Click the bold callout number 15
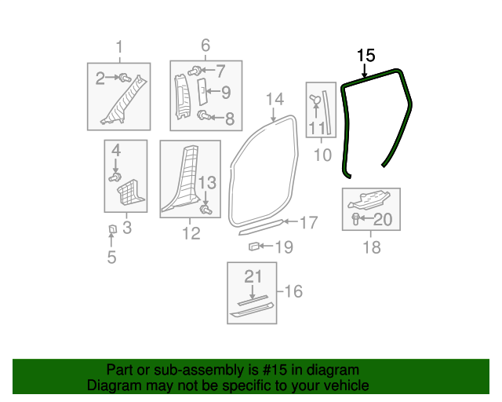[366, 56]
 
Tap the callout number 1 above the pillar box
[119, 47]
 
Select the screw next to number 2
[125, 77]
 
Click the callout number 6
[206, 46]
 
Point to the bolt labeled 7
[193, 71]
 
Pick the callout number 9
[225, 93]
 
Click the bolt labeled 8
[203, 116]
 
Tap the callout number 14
[274, 100]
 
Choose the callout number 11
[316, 127]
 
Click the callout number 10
[322, 155]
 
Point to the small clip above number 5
[111, 229]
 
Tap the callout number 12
[191, 233]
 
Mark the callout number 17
[308, 222]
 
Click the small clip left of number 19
[254, 247]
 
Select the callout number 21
[252, 276]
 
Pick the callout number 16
[293, 292]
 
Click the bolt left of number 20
[356, 218]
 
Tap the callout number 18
[372, 247]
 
